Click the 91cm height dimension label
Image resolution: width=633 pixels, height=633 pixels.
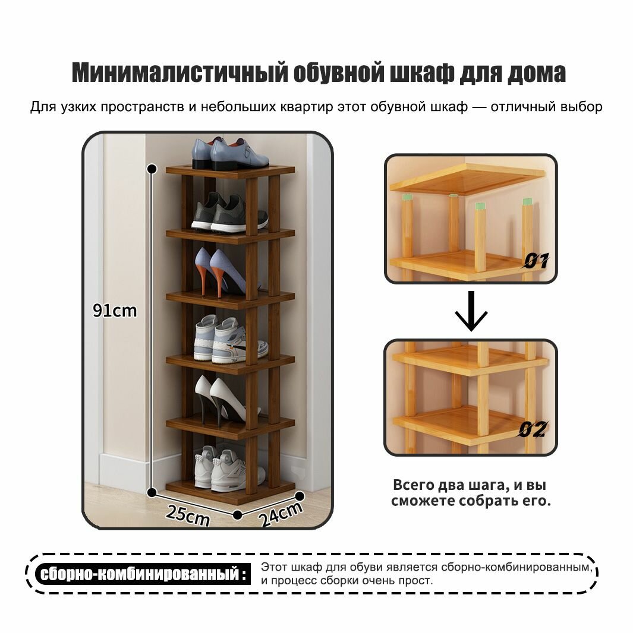click(115, 310)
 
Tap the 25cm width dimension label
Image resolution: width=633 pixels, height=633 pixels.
click(188, 514)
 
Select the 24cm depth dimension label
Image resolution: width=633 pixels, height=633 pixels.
click(281, 515)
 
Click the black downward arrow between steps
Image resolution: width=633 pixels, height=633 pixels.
click(471, 311)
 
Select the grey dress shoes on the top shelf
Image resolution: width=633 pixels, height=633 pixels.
click(231, 154)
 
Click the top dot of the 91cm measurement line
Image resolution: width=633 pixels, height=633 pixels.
click(152, 168)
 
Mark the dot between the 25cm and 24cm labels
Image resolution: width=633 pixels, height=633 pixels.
click(238, 514)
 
